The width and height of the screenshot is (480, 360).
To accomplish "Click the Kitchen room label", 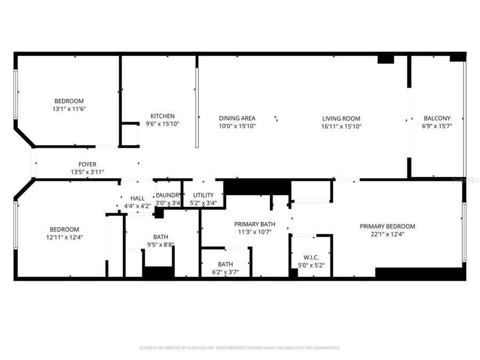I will pos(162,116).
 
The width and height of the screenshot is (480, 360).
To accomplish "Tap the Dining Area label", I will pos(237,118).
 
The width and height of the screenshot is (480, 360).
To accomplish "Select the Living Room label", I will pos(341,119).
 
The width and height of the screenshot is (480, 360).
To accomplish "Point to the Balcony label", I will pos(437,118).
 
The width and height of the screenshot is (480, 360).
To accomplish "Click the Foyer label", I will pos(87,164).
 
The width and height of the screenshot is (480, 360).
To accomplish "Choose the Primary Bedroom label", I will pos(387,226).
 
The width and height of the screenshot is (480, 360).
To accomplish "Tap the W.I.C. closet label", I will pos(311,257).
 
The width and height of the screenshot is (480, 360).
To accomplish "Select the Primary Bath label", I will pos(253,224).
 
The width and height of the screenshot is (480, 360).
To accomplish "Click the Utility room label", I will pos(203,195).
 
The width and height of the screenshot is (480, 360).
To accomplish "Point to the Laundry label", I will pos(168,195).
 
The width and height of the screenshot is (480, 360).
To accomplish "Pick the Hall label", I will pos(137,198).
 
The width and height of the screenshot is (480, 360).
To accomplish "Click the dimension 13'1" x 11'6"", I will pos(69,109).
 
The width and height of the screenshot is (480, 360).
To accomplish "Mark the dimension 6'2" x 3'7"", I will pos(225,272).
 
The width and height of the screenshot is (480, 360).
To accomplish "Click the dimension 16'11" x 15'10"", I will pos(341,126).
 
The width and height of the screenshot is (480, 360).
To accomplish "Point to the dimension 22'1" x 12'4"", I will pos(387,234).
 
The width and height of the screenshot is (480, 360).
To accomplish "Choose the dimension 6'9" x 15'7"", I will pos(437,126).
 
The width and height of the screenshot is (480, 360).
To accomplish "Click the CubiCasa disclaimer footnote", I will pos(239,348).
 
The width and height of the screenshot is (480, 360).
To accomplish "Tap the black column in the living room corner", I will pos(386,59).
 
